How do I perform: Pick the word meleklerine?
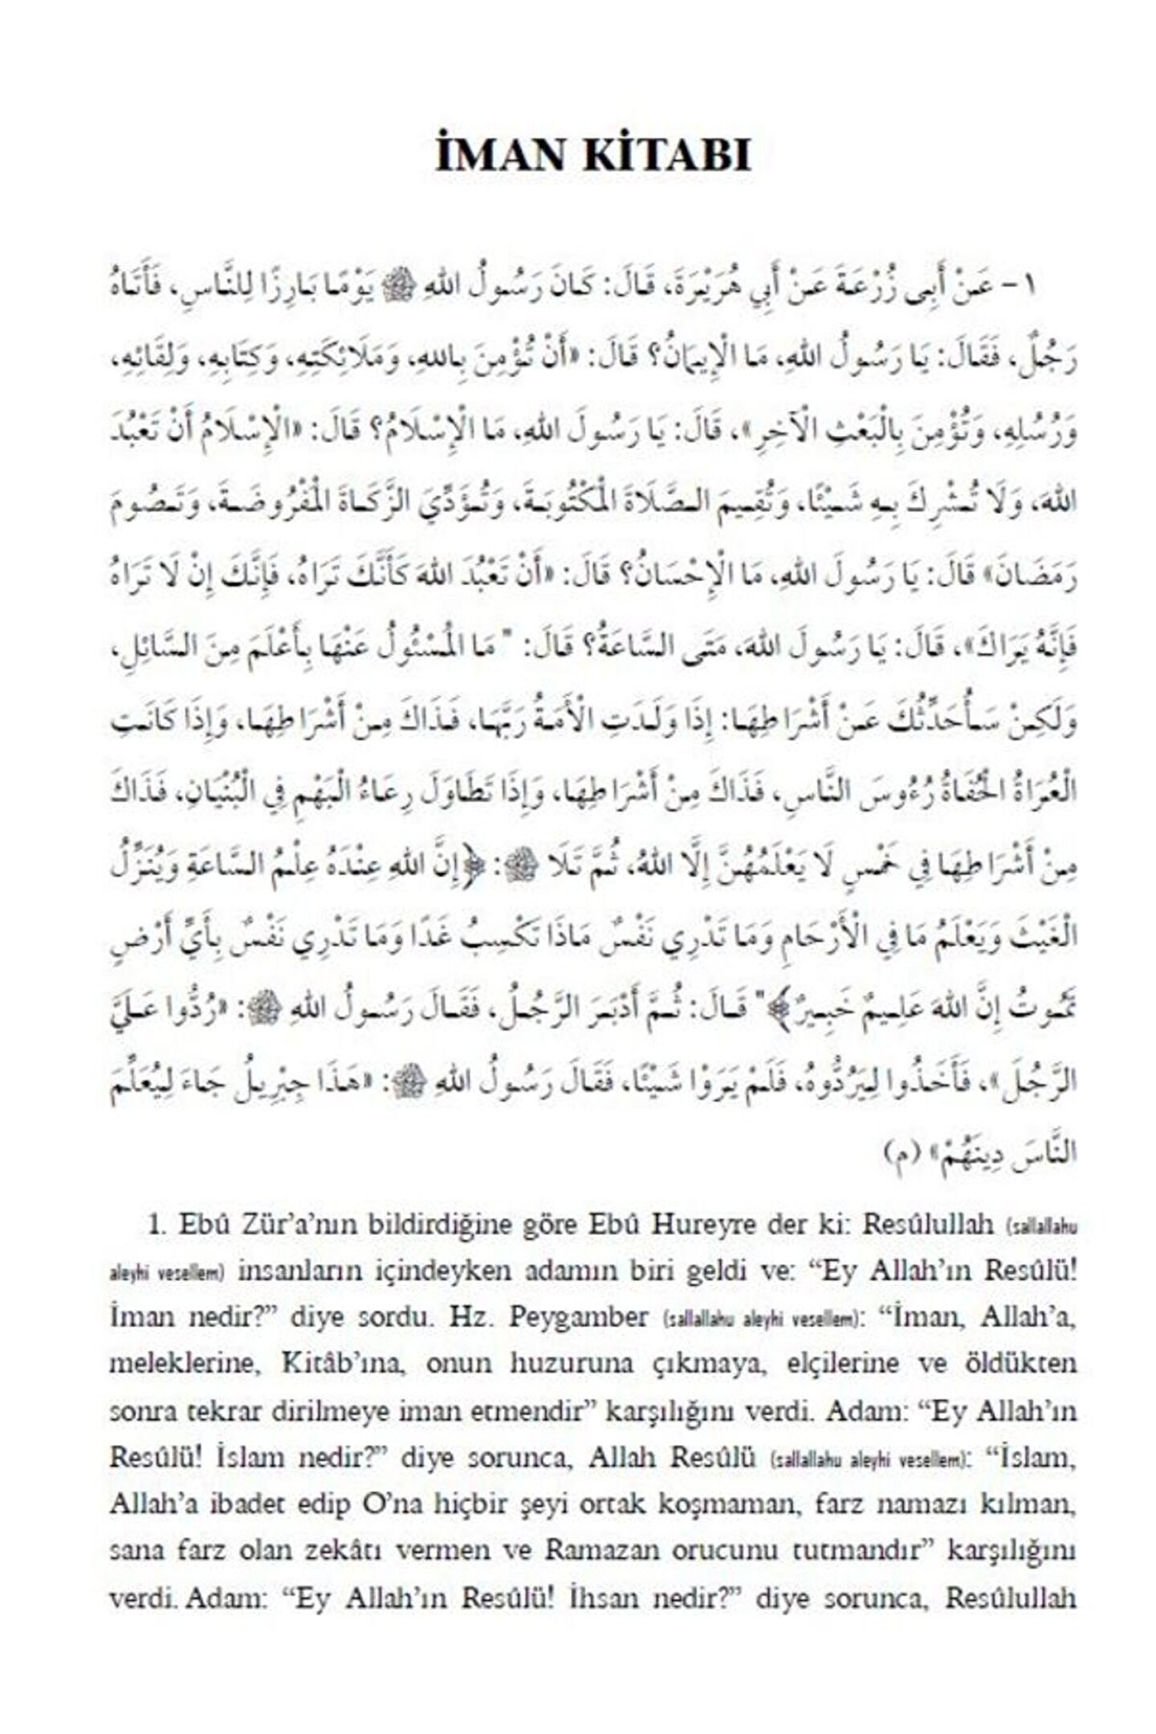[x=184, y=1363]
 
